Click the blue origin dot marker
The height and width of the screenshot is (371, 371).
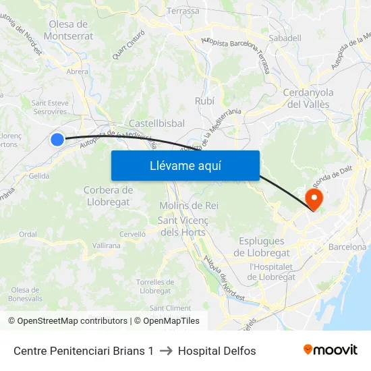click(x=57, y=140)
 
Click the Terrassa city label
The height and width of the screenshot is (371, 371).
click(x=183, y=11)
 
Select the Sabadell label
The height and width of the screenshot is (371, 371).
click(x=285, y=38)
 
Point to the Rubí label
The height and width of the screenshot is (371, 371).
click(x=204, y=101)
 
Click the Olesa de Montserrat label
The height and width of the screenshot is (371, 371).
click(x=71, y=30)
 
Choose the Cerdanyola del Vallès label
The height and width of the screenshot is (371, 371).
click(x=308, y=98)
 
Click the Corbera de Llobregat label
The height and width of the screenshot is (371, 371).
click(x=109, y=196)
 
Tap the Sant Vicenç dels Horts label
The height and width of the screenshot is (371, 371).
click(x=182, y=226)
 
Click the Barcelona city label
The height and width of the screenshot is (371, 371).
click(x=347, y=247)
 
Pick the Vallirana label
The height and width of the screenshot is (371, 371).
click(x=107, y=246)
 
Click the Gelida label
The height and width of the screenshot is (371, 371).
click(x=39, y=175)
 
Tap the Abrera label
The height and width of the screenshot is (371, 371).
click(x=78, y=72)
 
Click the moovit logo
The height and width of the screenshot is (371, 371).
click(x=331, y=349)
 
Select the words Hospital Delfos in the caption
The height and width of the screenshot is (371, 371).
click(x=217, y=351)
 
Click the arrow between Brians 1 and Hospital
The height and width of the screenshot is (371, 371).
click(x=166, y=351)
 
